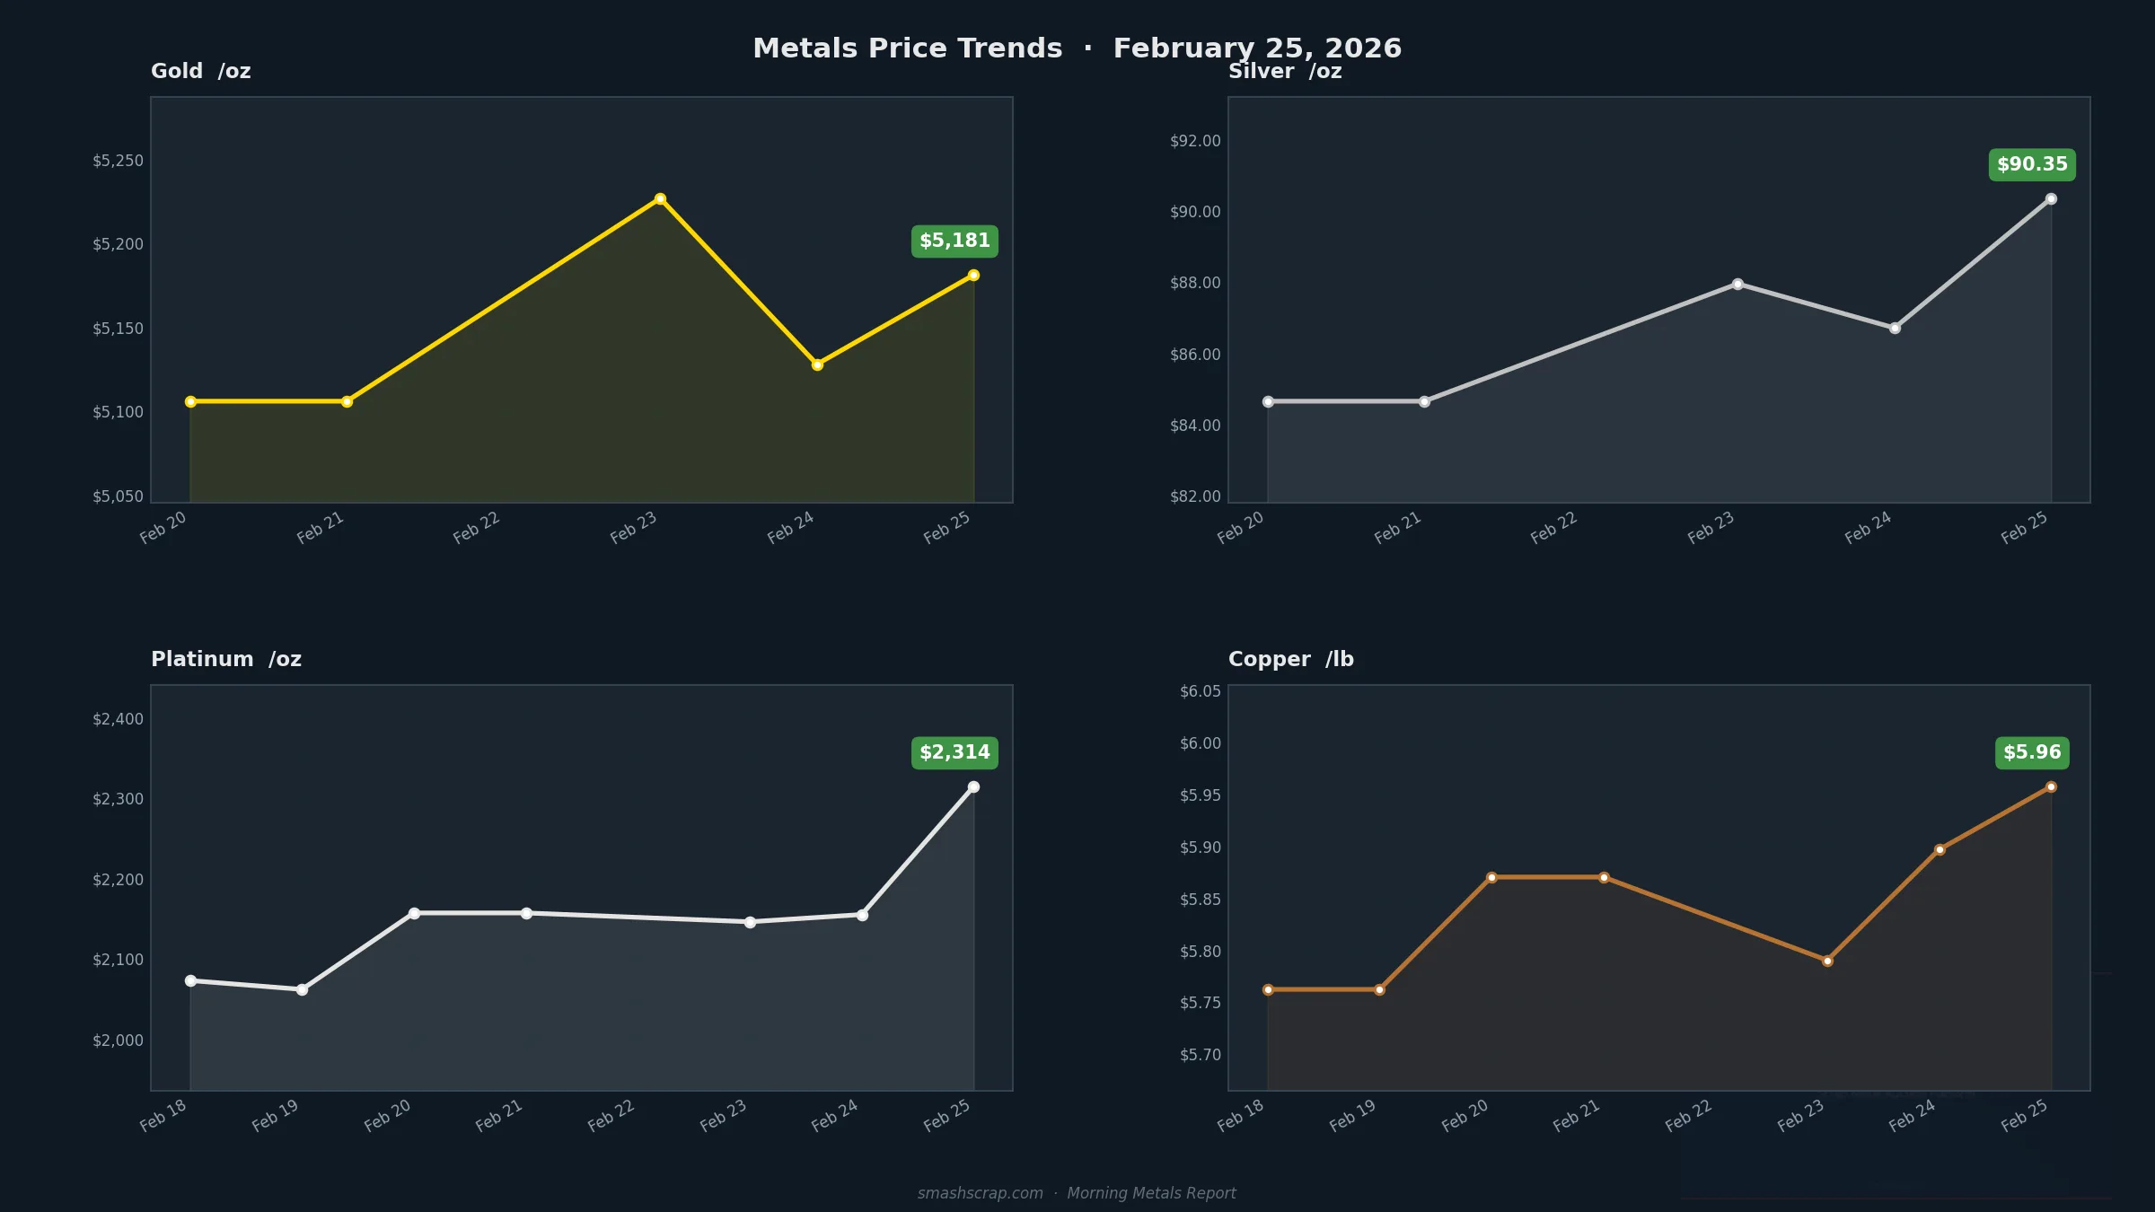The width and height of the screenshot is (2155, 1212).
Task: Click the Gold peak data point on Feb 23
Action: [x=660, y=198]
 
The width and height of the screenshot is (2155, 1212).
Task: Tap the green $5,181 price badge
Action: [x=954, y=241]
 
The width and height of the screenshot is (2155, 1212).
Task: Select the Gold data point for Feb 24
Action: [x=817, y=364]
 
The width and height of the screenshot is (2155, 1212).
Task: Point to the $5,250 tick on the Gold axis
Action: [x=118, y=161]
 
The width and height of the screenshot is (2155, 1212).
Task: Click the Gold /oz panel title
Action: [x=200, y=71]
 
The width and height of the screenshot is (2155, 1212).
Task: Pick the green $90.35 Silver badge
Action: [x=2032, y=164]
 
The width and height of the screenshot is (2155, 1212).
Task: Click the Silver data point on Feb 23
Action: [x=1737, y=284]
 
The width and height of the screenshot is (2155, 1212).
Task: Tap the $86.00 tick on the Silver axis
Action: [x=1195, y=355]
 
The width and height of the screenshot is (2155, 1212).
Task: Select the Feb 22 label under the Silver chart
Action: [x=1553, y=528]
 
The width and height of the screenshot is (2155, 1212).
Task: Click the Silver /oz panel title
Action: [x=1285, y=72]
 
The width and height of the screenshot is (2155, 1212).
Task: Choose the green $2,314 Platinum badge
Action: [x=954, y=752]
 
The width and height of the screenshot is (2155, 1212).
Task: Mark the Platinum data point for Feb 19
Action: [x=302, y=989]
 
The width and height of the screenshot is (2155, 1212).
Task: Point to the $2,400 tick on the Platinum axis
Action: [x=118, y=719]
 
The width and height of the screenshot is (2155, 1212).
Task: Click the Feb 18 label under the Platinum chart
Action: [x=163, y=1115]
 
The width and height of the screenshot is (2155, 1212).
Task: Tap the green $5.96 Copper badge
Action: [x=2032, y=752]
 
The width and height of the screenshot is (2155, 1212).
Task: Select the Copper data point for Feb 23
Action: [x=1827, y=961]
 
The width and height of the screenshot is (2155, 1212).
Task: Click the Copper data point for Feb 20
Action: [x=1491, y=877]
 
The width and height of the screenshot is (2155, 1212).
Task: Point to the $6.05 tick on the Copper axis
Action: [x=1200, y=691]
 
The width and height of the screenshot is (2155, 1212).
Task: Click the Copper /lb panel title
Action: [x=1290, y=659]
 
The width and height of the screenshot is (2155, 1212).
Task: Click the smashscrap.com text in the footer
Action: [x=980, y=1193]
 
